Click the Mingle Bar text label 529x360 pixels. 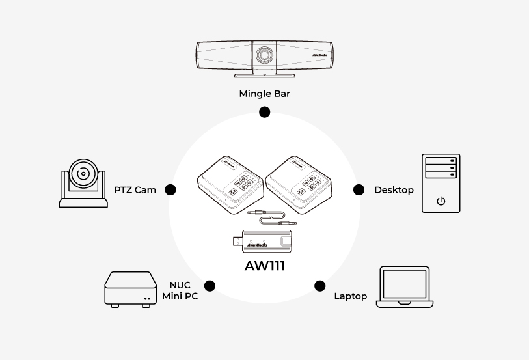tap(264, 94)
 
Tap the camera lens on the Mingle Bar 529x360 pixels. tap(264, 55)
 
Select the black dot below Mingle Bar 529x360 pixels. tap(264, 112)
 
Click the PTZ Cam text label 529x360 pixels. tap(135, 190)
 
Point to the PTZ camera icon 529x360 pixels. tap(83, 180)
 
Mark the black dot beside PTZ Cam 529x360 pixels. tap(170, 189)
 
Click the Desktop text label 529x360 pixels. tap(394, 190)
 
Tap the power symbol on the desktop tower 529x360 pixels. tap(441, 201)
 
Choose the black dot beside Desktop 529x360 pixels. tap(359, 189)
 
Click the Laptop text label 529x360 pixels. tap(350, 296)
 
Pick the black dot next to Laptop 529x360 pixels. tap(319, 285)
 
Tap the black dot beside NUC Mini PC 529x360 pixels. tap(210, 285)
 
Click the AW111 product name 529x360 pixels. tap(264, 266)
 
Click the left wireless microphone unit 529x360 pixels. tap(229, 184)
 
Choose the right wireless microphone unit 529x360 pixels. tap(298, 184)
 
